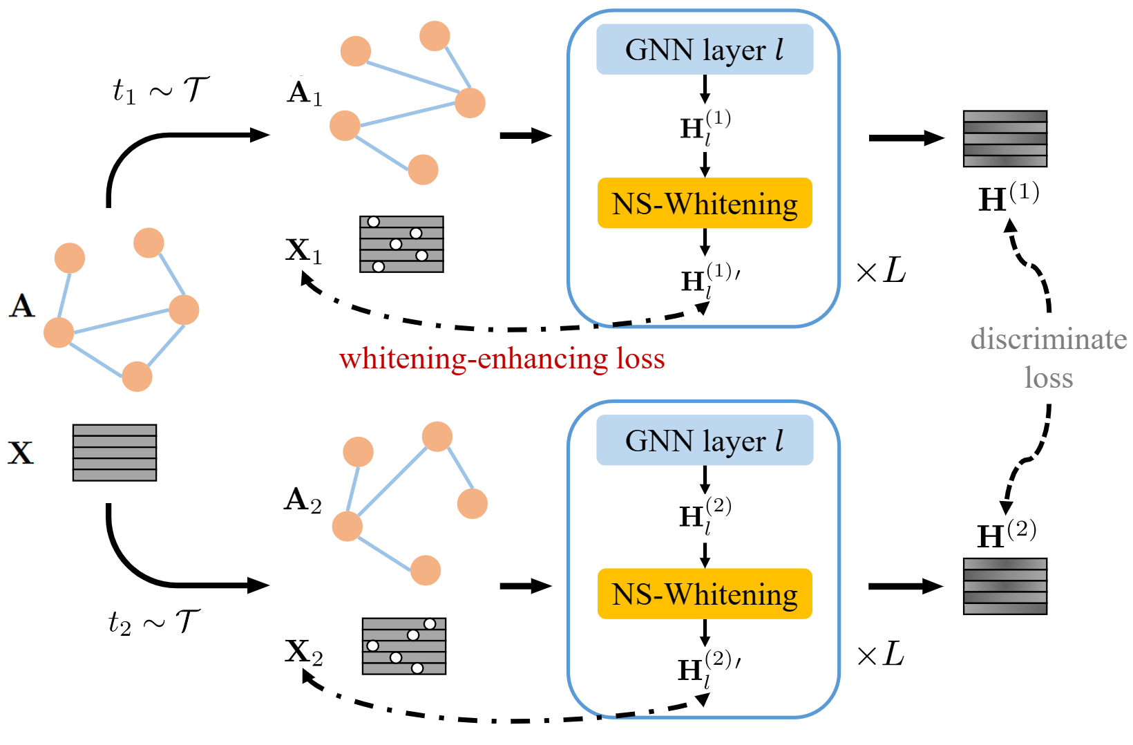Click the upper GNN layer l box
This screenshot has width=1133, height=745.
click(704, 50)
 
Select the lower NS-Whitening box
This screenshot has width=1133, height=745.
click(704, 594)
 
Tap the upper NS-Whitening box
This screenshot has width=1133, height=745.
click(704, 203)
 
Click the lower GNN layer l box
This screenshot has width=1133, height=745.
click(704, 440)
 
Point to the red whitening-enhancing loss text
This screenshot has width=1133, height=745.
click(502, 359)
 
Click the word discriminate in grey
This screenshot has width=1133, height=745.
click(1048, 339)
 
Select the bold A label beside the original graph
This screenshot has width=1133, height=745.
click(22, 305)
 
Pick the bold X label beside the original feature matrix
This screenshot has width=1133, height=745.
click(21, 453)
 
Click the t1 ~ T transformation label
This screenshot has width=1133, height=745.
click(160, 90)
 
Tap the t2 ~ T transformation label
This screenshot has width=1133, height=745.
click(154, 622)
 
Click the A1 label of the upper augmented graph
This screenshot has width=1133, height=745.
click(305, 93)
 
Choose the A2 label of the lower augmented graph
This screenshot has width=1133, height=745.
click(303, 500)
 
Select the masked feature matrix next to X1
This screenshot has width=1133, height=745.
click(401, 244)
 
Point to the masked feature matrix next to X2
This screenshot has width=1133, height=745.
click(404, 646)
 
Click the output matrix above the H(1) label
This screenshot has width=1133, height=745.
click(1005, 138)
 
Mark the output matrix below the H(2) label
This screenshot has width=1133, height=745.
click(1005, 586)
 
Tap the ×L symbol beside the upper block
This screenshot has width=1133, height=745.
click(881, 271)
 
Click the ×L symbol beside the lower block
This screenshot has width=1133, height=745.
click(879, 654)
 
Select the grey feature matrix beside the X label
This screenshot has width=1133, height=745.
click(115, 453)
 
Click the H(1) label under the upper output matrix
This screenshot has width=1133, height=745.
click(1009, 198)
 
